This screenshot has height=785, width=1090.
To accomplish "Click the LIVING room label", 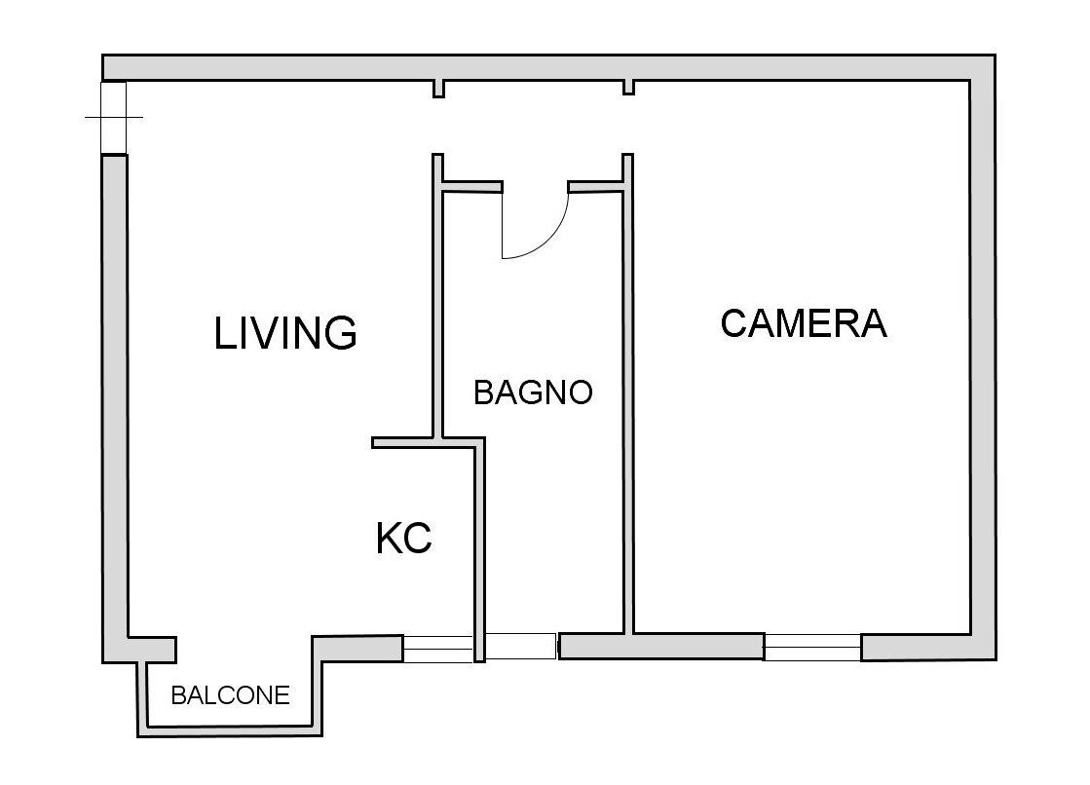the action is point(285,332).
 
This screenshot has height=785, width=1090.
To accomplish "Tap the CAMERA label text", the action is point(804,323).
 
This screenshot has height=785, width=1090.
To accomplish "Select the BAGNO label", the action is point(533,392).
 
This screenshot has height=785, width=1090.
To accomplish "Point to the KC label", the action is point(404,539).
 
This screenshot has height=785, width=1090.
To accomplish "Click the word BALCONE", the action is point(230,695).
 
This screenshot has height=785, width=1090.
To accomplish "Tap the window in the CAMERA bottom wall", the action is point(812,648).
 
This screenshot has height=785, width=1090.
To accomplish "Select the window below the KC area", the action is point(438,649).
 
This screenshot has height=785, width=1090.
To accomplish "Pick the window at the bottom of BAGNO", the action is point(521,647).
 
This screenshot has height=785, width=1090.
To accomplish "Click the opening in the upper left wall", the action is point(113,117).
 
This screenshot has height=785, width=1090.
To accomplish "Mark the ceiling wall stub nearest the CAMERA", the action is point(628,87).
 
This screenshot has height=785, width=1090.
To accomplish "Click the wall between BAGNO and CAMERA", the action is point(627,393).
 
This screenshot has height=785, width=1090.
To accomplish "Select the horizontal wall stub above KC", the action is point(429,442).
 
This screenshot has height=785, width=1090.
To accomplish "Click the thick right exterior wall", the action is point(983,357).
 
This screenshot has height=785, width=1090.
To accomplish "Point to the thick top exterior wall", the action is point(549,67).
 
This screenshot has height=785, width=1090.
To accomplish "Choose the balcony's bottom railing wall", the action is point(230,730).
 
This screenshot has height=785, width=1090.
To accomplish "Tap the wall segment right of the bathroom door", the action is point(595,186).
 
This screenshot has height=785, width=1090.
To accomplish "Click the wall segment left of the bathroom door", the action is point(472,186).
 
